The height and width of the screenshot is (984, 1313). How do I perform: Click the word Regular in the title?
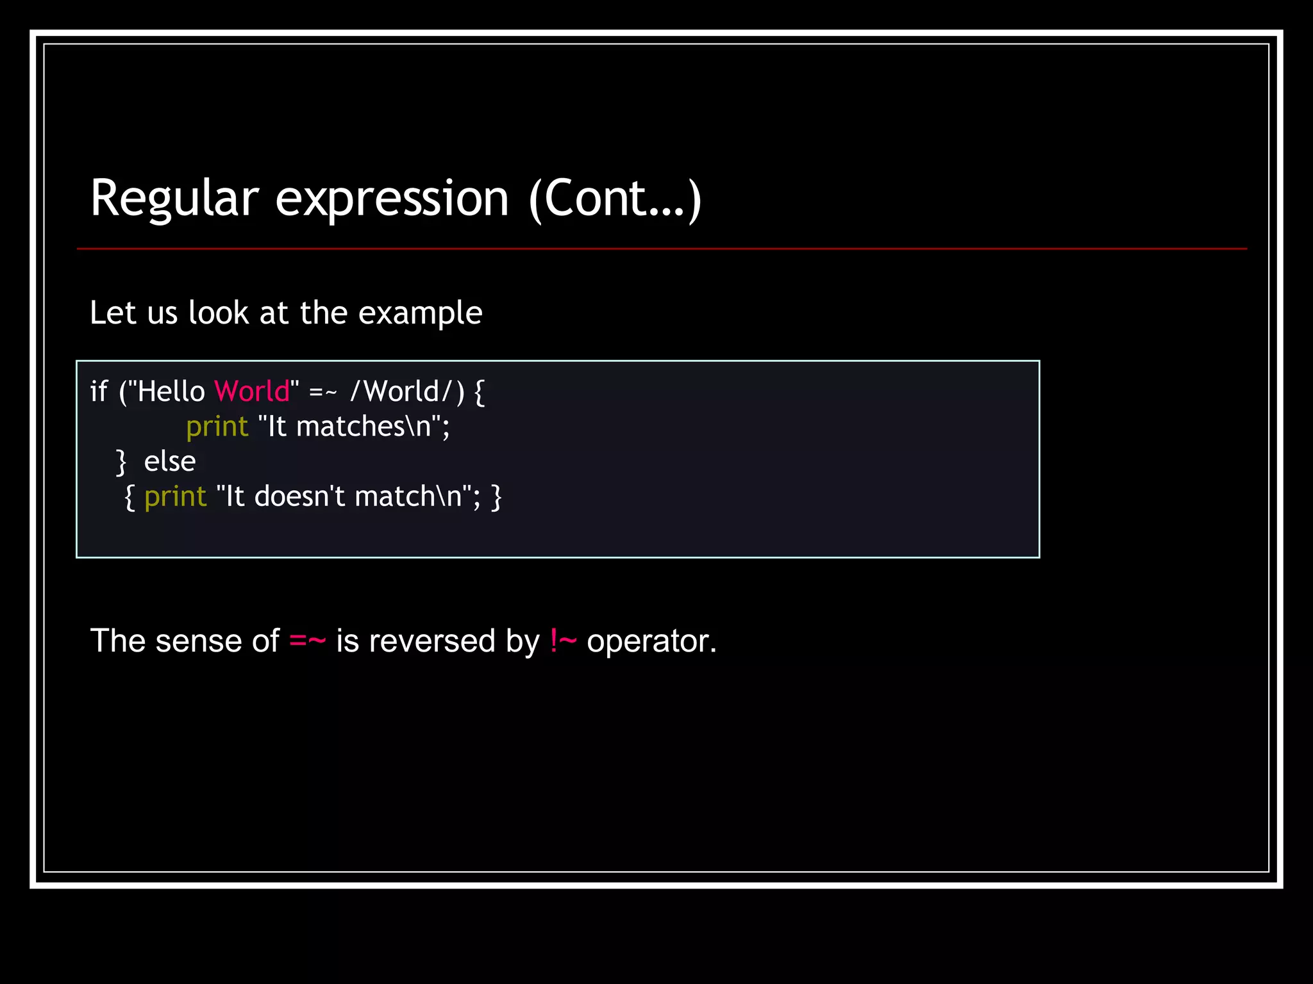(x=174, y=199)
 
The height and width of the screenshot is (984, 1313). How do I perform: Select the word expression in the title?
(x=392, y=199)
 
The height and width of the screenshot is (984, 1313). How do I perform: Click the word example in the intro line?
(x=420, y=313)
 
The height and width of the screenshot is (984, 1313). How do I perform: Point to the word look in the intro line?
(x=219, y=313)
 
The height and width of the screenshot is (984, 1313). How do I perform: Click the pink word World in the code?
(x=252, y=391)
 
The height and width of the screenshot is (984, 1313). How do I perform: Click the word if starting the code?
(x=99, y=391)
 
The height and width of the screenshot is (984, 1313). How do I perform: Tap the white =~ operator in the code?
(x=322, y=392)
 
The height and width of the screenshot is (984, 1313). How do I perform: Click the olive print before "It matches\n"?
(x=217, y=427)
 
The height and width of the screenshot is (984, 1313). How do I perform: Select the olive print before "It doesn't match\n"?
(x=175, y=496)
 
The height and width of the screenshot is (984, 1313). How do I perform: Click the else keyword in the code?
(x=169, y=461)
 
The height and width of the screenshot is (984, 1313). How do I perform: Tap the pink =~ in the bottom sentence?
(x=308, y=641)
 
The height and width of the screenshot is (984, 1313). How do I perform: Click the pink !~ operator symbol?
(x=563, y=641)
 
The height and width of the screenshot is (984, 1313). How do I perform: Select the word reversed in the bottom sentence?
(x=432, y=641)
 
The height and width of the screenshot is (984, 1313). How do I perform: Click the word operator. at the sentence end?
(x=651, y=641)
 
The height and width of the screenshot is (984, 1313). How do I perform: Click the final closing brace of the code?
(x=496, y=497)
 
